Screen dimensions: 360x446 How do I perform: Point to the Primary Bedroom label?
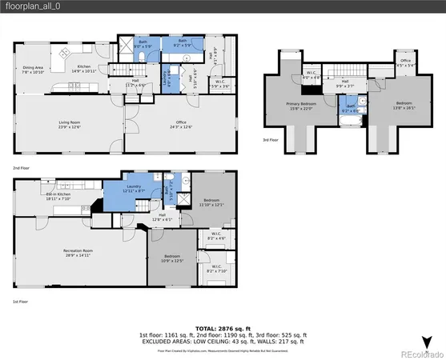(303, 106)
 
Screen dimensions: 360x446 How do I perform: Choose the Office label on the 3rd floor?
(406, 62)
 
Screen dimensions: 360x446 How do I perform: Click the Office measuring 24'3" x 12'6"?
(181, 125)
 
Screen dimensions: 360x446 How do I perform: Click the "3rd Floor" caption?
(271, 141)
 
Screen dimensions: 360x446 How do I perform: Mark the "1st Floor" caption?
(20, 302)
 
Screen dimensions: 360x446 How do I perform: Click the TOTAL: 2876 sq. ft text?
(223, 328)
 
